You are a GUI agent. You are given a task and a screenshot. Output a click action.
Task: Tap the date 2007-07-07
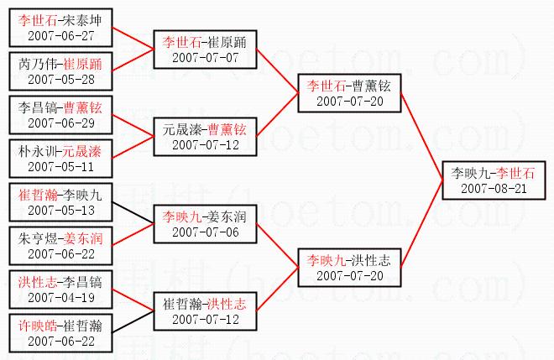pos(204,57)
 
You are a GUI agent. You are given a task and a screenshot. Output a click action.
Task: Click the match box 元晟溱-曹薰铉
pos(204,137)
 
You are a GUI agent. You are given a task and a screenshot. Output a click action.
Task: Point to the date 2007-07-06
pos(204,232)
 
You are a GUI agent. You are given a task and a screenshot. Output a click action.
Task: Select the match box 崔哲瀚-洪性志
pos(204,311)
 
